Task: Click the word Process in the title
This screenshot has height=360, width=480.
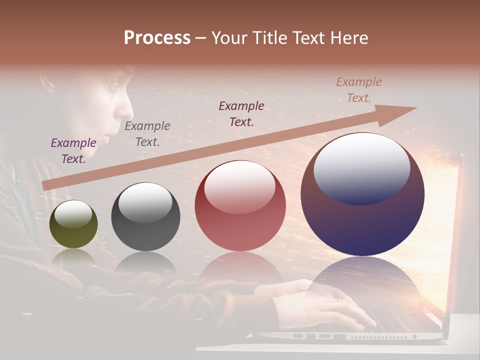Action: pyautogui.click(x=157, y=38)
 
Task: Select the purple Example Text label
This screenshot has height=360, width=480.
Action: pyautogui.click(x=73, y=150)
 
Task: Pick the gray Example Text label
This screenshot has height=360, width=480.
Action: pyautogui.click(x=147, y=133)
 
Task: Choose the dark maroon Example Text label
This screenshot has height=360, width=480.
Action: pyautogui.click(x=241, y=113)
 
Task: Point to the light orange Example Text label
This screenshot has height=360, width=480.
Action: pyautogui.click(x=358, y=90)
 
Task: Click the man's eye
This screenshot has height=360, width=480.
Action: pyautogui.click(x=113, y=83)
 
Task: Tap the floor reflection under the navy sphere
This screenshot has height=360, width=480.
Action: pyautogui.click(x=362, y=280)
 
